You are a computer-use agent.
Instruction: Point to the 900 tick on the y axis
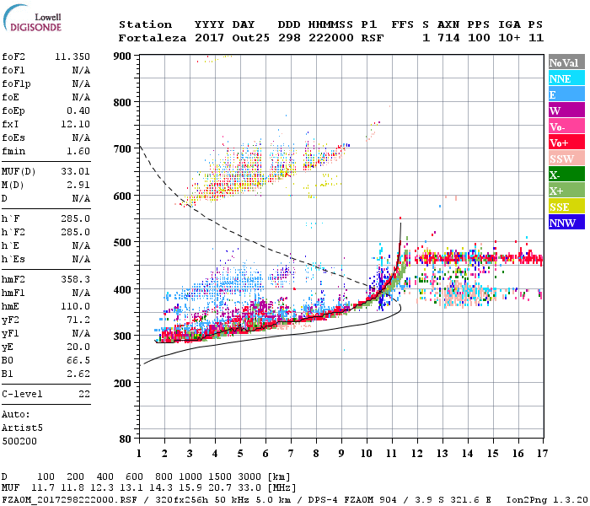(123, 57)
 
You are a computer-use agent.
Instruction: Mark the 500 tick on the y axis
(123, 243)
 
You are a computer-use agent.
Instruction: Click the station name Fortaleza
(153, 38)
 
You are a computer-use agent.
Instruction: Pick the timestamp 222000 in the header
(330, 38)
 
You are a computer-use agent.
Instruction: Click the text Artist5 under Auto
(24, 428)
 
